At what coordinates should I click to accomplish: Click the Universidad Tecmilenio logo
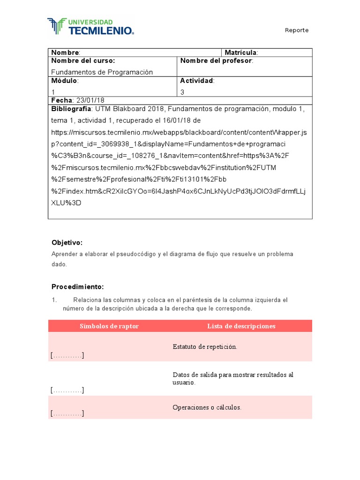pos(91,27)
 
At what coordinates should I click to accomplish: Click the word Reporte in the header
pos(297,30)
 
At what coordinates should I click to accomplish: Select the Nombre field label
pos(65,52)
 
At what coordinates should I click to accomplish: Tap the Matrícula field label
pos(241,52)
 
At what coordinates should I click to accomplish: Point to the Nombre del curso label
pos(83,61)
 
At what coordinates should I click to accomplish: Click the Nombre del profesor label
pos(216,61)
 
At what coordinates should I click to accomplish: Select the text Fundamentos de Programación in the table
pos(102,72)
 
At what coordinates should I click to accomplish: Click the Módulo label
pos(65,81)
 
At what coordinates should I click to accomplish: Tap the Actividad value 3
pos(182,92)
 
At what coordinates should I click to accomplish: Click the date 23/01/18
pos(90,100)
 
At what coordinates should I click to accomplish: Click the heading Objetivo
pos(67,242)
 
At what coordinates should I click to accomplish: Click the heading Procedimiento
pos(77,287)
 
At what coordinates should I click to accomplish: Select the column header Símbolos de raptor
pos(109,326)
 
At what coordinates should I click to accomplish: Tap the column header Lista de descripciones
pos(241,326)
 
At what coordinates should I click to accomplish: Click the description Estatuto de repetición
pos(205,347)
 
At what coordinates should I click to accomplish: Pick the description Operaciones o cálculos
pos(207,407)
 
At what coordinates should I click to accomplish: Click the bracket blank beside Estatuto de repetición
pos(67,356)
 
